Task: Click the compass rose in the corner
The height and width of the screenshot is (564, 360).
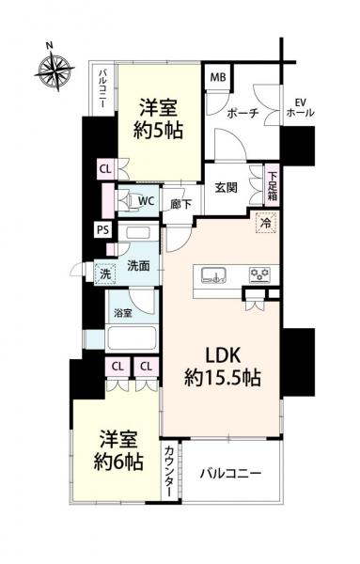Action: (55, 70)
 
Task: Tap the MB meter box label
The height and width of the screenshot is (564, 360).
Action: (218, 77)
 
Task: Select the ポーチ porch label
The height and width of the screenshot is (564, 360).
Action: (243, 114)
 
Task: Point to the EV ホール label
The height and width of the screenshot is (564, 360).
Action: (300, 107)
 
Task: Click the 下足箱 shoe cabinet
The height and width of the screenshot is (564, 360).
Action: (272, 185)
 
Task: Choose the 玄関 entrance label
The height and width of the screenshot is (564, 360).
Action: (227, 187)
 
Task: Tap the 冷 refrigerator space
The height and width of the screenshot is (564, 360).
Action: (267, 223)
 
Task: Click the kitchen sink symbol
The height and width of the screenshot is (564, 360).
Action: (213, 274)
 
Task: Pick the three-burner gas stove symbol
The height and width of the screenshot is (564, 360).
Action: (259, 274)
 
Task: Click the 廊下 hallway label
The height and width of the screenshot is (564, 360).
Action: (180, 205)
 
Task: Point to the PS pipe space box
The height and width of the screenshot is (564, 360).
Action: (103, 229)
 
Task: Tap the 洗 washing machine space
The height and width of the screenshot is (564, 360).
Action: (105, 274)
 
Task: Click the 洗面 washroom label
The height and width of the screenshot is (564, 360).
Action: (138, 266)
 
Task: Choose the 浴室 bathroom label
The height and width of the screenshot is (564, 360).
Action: (123, 313)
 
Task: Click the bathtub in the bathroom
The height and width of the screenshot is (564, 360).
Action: (132, 337)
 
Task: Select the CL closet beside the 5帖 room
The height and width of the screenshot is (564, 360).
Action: (105, 169)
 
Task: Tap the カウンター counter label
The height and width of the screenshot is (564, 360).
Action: (169, 471)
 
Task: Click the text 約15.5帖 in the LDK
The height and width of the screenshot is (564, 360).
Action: (222, 378)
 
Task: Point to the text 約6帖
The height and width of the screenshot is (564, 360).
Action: (118, 462)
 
